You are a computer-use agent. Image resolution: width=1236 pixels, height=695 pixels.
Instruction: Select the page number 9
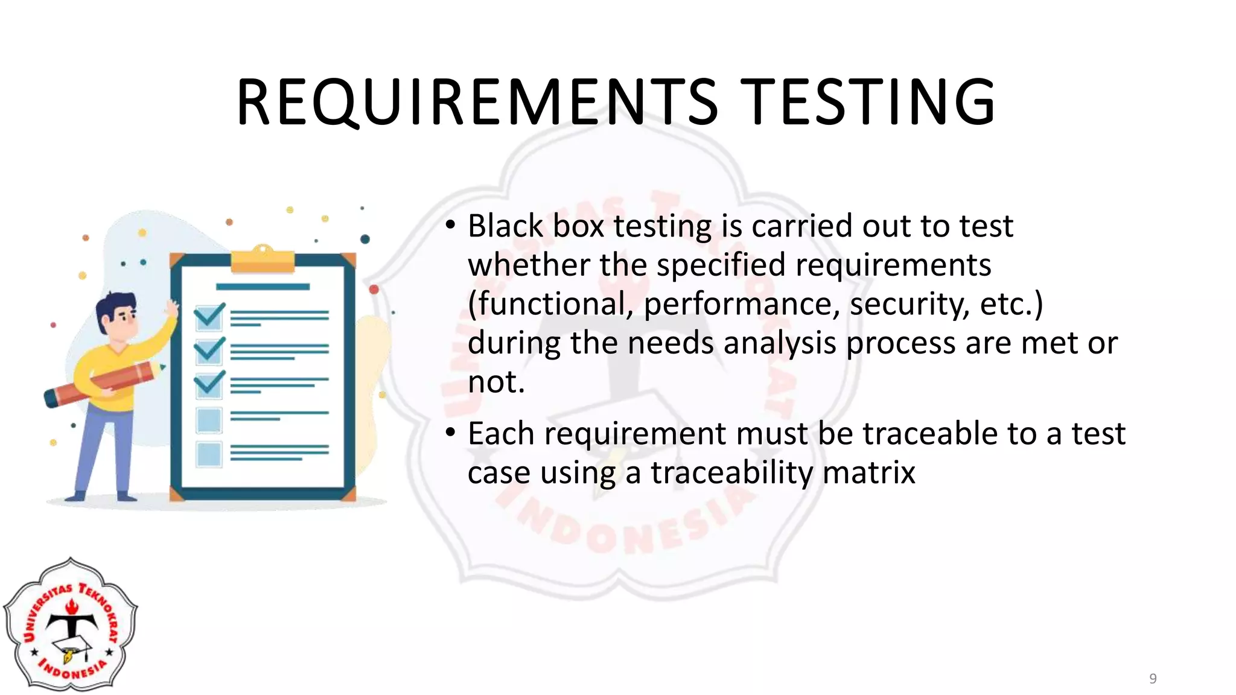1153,679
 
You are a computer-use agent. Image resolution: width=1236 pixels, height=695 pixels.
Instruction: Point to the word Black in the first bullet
506,226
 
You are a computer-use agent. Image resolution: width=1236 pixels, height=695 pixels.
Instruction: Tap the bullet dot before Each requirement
450,434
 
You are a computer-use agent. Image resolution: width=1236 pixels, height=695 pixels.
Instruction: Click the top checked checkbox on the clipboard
209,316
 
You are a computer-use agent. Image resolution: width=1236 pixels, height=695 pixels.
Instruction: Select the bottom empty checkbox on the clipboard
209,454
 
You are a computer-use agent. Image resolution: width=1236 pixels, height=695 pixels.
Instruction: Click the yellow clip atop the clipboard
263,261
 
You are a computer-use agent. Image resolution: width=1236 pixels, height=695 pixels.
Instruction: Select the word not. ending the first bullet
496,382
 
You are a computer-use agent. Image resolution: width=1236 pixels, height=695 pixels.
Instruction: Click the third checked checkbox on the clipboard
209,384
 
